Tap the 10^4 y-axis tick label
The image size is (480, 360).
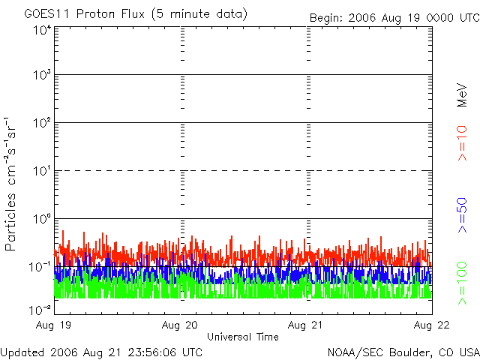[x=42, y=29]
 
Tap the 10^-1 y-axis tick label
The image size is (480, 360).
[x=40, y=266]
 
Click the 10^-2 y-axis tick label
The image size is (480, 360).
[x=40, y=309]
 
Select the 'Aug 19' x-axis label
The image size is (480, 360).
[x=55, y=325]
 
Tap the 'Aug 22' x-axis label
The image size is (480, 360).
[x=431, y=325]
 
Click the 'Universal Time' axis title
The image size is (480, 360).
[x=242, y=337]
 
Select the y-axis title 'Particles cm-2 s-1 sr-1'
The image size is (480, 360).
[x=12, y=184]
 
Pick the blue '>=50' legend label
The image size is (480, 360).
[x=462, y=213]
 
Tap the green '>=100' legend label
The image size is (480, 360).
[x=462, y=282]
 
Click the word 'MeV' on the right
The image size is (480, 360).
[x=462, y=94]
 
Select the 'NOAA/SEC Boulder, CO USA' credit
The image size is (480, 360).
[x=403, y=352]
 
